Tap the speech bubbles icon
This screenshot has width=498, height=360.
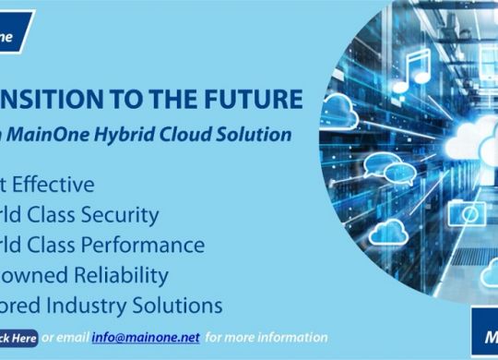[382, 166]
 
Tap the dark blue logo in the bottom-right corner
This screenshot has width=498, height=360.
[486, 337]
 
